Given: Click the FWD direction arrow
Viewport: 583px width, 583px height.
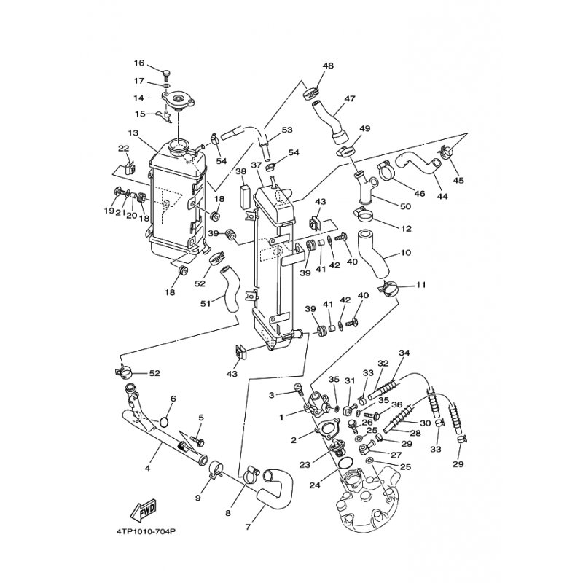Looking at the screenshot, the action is pos(144,511).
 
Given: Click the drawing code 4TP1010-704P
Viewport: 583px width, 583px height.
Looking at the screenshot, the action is pos(145,532).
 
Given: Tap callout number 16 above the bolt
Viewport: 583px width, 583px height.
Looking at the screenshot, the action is pos(139,63).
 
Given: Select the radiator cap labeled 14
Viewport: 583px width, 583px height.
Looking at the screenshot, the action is pos(179,101).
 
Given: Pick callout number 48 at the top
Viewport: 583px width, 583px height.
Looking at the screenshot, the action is pos(328,66).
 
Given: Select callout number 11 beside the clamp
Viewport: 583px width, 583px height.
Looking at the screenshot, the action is pos(421,285).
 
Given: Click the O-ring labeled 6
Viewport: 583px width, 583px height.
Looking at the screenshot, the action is pos(164,422).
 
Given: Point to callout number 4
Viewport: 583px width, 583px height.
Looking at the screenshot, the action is pos(147,469).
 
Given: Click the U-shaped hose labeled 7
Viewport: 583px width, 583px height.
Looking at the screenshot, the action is pos(276,488).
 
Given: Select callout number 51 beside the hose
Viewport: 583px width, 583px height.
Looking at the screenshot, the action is pos(206,303).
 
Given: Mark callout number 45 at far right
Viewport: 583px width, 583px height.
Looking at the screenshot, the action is pos(458,180).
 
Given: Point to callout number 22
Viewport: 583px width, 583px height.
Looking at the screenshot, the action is pos(123,148).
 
